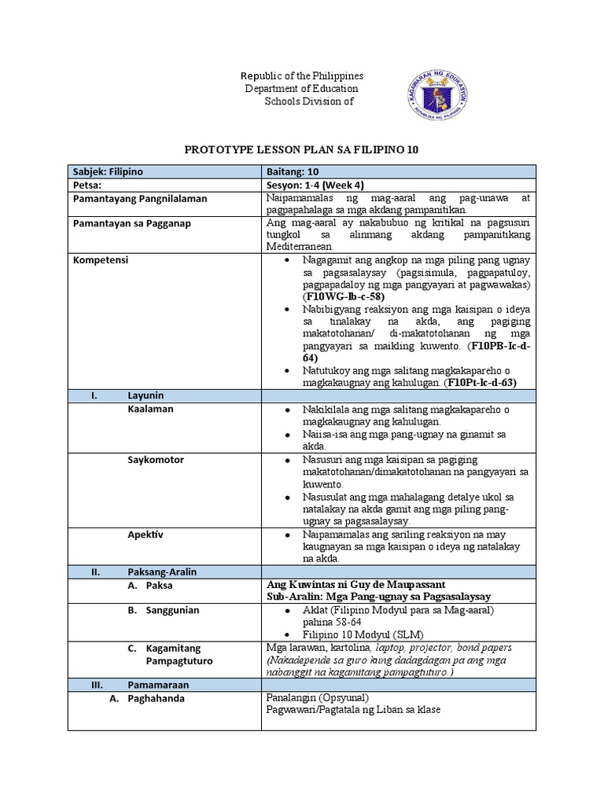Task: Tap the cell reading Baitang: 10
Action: [292, 171]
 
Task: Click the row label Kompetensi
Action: [101, 259]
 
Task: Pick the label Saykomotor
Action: [156, 459]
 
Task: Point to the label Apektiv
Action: [145, 534]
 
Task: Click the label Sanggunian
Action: [172, 610]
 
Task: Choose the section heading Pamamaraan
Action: [157, 685]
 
